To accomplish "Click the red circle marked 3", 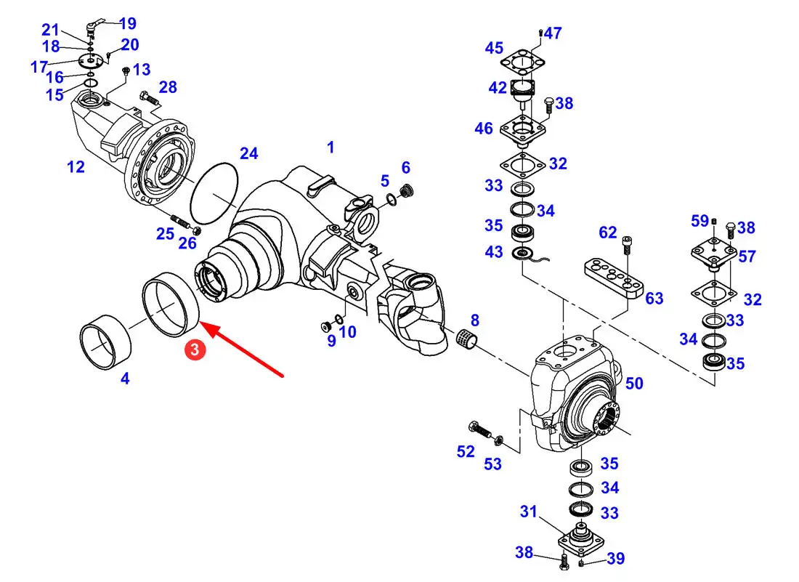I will [x=195, y=349].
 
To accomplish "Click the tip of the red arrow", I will [x=201, y=325].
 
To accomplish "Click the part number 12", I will [x=76, y=167].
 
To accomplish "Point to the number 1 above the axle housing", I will [x=330, y=147].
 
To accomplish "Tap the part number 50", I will [x=634, y=383].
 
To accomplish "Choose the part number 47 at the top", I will [x=553, y=33].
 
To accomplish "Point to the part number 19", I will [x=127, y=25].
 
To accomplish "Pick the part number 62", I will [x=607, y=233].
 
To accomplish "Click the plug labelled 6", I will [x=407, y=191].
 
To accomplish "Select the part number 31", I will [x=528, y=512].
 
